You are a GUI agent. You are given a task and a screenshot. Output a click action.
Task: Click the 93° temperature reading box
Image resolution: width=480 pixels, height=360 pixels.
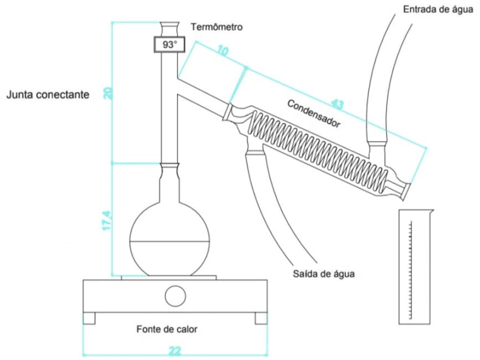pos(169,45)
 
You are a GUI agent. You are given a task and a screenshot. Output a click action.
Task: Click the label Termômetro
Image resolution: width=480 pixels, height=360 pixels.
pos(217,27)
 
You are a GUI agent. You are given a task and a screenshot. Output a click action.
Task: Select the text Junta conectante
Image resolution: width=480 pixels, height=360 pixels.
pos(48,95)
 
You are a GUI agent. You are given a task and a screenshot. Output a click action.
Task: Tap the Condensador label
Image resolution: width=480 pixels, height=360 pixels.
pos(314,113)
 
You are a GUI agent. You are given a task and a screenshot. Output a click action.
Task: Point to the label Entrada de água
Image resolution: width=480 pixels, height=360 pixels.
pos(438,9)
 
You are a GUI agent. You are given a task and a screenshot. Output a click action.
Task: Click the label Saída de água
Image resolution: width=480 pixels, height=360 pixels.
pos(324,274)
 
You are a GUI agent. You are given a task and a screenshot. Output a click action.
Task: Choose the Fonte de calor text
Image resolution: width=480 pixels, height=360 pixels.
pos(167,329)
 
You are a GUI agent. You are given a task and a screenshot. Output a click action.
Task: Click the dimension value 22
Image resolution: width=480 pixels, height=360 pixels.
pos(174,351)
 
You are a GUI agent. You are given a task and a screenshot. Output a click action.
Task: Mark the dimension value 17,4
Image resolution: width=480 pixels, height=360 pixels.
pos(107,221)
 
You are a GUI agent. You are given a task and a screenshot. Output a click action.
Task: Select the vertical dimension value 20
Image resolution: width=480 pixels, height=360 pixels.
pos(109,93)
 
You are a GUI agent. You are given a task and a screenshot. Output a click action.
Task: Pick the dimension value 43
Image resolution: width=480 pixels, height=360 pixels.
pos(337,105)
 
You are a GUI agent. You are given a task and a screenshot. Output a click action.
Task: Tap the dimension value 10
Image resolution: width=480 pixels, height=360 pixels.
pos(223,50)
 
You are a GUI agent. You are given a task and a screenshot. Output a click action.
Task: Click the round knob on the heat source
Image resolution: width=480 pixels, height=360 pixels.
pos(175,296)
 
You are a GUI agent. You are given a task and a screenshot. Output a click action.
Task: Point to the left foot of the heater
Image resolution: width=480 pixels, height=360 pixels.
pos(89,318)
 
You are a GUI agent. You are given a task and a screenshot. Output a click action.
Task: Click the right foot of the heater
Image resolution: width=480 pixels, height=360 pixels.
pos(261,318)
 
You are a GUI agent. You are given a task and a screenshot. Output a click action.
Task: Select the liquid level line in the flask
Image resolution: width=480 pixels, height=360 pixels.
pos(170,241)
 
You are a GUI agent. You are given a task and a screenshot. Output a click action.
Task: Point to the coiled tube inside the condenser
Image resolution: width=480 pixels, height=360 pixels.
pos(318,149)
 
